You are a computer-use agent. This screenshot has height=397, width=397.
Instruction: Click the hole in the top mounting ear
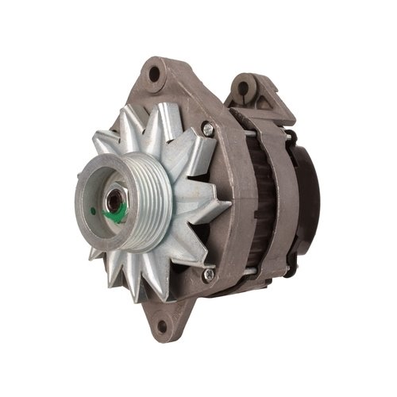pos(155,75)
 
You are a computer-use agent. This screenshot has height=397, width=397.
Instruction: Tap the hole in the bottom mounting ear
pos(163,325)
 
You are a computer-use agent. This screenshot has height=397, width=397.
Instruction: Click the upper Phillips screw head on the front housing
pos(207,128)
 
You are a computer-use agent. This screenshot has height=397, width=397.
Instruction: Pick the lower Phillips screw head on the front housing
pos(208,274)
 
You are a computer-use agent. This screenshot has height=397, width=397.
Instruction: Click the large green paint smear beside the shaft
pos(118,211)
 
